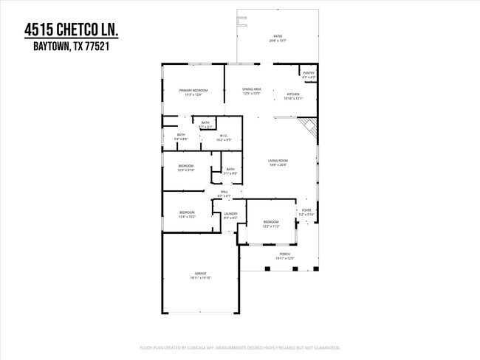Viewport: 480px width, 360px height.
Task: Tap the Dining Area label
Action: coord(252,89)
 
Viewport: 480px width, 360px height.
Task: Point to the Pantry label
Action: coord(309,72)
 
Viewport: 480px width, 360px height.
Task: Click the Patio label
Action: coord(278,35)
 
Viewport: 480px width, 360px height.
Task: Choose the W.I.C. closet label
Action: coord(224,136)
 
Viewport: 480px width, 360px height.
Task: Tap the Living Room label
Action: coord(277,161)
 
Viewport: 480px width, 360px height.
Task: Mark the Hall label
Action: coord(224,192)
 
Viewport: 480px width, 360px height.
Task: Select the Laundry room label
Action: coord(230,214)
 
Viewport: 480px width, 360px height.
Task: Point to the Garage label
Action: coord(200,274)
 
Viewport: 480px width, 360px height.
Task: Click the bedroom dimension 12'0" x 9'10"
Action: coord(185,170)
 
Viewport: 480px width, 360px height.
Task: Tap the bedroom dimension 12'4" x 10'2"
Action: coord(186,217)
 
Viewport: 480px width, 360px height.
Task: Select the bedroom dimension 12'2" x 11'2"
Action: coord(272,226)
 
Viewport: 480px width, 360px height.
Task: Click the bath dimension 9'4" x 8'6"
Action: coord(181,139)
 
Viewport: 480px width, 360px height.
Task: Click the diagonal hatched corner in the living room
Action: coord(310,131)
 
